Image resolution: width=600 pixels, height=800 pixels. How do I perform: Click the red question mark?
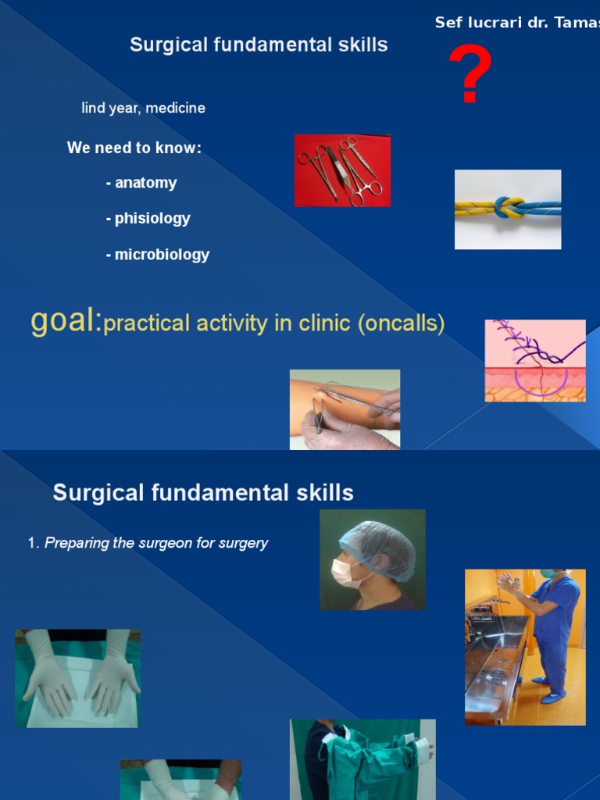[x=470, y=74]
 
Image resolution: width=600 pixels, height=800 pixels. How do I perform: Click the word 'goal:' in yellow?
[x=66, y=321]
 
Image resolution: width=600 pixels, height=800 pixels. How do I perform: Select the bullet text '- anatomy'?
[x=141, y=183]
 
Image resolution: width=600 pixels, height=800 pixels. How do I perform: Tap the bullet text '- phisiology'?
[x=148, y=219]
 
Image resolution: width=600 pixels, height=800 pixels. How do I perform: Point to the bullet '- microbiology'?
[x=158, y=255]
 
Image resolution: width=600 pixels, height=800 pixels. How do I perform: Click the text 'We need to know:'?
[x=134, y=148]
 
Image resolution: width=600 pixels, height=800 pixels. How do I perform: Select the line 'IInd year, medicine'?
[x=143, y=109]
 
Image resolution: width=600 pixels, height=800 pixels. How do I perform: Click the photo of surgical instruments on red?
[x=342, y=170]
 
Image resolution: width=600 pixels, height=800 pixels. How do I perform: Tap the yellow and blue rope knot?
[x=508, y=209]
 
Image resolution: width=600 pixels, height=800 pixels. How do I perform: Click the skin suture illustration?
[x=534, y=360]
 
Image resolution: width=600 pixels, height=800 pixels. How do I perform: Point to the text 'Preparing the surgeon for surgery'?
[x=156, y=543]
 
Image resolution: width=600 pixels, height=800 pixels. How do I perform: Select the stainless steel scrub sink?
[x=494, y=664]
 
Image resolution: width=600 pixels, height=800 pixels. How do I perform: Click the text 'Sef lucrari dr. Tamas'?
[x=516, y=23]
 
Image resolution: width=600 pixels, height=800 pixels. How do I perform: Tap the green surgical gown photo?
[x=362, y=759]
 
